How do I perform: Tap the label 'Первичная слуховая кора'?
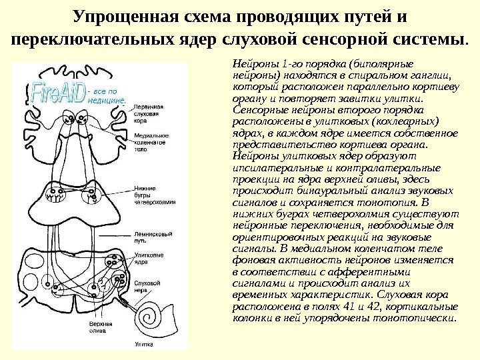[147, 113]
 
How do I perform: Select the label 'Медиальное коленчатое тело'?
[151, 142]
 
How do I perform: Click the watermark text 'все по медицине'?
[107, 94]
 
